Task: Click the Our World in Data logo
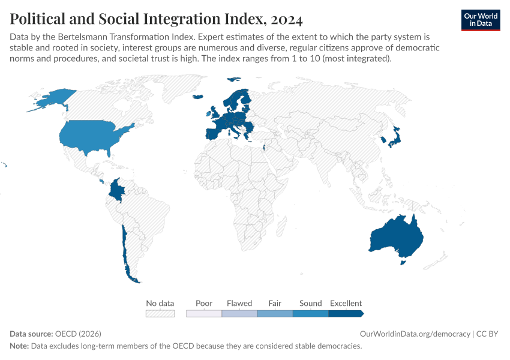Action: (x=481, y=20)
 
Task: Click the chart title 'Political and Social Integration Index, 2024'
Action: (x=156, y=19)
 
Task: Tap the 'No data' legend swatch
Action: (x=160, y=313)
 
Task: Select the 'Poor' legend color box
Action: (x=204, y=313)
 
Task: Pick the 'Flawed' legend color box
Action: (x=239, y=313)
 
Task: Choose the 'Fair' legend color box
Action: (x=275, y=313)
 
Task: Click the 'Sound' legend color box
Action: (x=311, y=313)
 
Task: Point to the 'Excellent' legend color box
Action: (x=346, y=313)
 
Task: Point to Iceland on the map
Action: (x=198, y=97)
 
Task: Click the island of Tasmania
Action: (x=403, y=262)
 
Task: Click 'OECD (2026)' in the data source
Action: (x=78, y=334)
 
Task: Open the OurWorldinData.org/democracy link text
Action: (x=415, y=334)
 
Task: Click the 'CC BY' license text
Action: (x=487, y=334)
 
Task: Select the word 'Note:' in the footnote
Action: (x=19, y=346)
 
